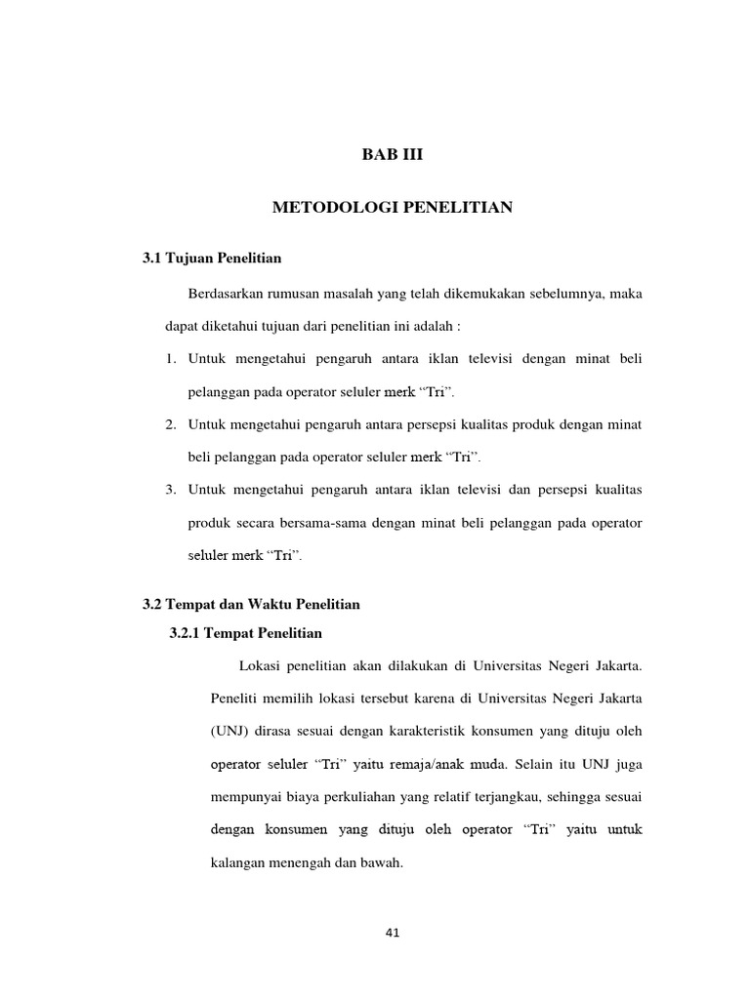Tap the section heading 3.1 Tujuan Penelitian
[213, 259]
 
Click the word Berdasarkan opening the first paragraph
[227, 295]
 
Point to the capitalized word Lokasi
[259, 667]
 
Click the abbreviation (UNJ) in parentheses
[229, 731]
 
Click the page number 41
[393, 933]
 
